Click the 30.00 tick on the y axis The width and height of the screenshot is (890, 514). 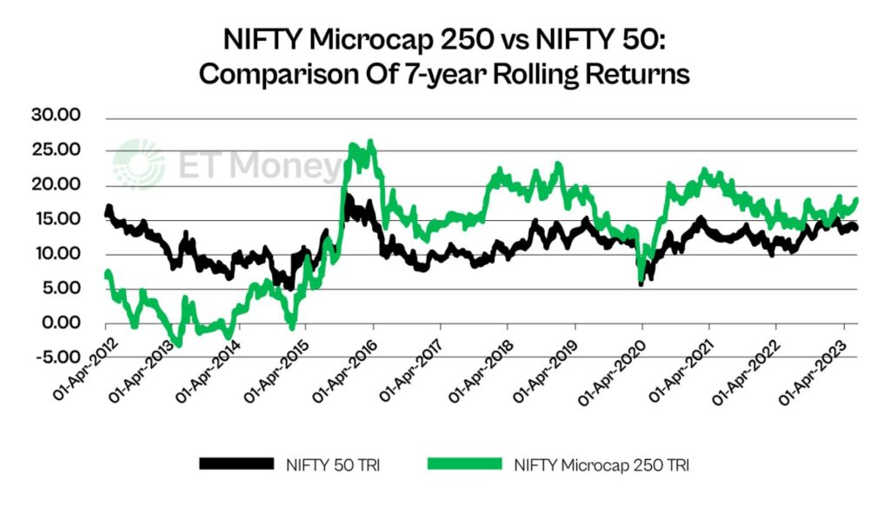pyautogui.click(x=56, y=116)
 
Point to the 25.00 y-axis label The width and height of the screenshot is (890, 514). pyautogui.click(x=56, y=150)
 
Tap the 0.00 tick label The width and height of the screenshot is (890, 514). pyautogui.click(x=60, y=323)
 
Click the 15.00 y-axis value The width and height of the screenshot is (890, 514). pyautogui.click(x=56, y=219)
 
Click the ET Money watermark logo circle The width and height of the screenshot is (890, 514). pyautogui.click(x=139, y=163)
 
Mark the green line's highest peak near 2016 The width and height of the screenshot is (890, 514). pyautogui.click(x=370, y=141)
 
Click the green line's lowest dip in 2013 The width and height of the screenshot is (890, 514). pyautogui.click(x=176, y=344)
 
